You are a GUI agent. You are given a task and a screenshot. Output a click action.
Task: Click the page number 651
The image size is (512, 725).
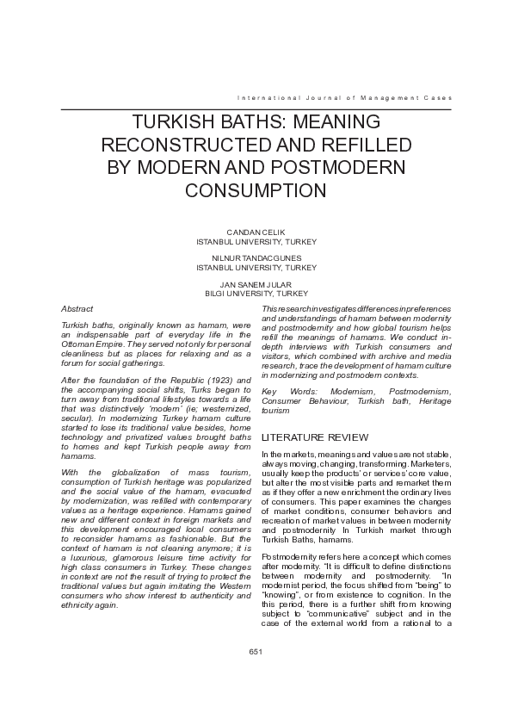pos(256,652)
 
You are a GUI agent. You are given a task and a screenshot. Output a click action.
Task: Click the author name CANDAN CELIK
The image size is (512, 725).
pos(256,232)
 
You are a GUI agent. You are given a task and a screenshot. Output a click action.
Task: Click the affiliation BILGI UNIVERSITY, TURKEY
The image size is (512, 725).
pos(256,293)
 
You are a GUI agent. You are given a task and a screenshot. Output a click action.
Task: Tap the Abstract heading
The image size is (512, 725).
pos(77,308)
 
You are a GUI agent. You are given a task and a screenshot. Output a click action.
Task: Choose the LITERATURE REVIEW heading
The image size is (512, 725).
pos(315,438)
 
